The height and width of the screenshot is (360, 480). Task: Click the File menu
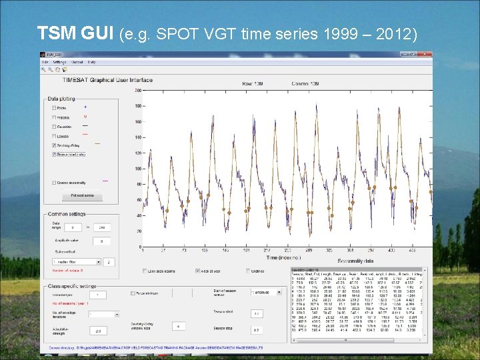coord(45,62)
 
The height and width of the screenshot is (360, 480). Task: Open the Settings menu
coord(59,62)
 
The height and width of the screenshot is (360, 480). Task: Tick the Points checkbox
coord(53,108)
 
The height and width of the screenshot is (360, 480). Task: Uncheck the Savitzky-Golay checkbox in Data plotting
coord(53,145)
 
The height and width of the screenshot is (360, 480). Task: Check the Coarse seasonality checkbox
coord(53,183)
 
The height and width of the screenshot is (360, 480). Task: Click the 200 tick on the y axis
coord(137,90)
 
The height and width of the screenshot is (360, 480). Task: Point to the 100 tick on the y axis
coord(137,169)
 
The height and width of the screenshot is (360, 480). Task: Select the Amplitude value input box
coord(101,241)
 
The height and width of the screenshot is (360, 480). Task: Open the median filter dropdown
coord(76,262)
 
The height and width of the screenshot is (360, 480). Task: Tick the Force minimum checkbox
coord(133,293)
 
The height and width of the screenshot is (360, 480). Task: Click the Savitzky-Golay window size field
coord(178,326)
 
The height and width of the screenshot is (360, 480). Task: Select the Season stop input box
coord(257,330)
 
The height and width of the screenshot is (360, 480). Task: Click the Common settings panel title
coord(67,214)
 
